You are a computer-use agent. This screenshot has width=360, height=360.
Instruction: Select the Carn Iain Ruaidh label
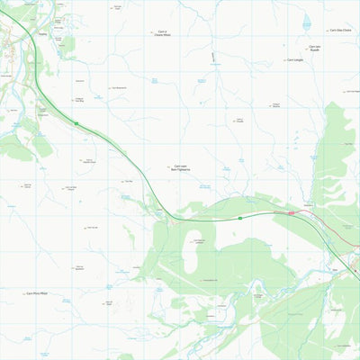tap(314, 48)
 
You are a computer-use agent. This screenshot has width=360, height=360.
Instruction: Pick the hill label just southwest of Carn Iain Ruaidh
tap(295, 60)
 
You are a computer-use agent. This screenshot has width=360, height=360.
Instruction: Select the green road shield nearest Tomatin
tap(76, 123)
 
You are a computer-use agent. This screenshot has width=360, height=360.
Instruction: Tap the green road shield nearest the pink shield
tap(241, 217)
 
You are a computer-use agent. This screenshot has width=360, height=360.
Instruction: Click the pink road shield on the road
tap(291, 213)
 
